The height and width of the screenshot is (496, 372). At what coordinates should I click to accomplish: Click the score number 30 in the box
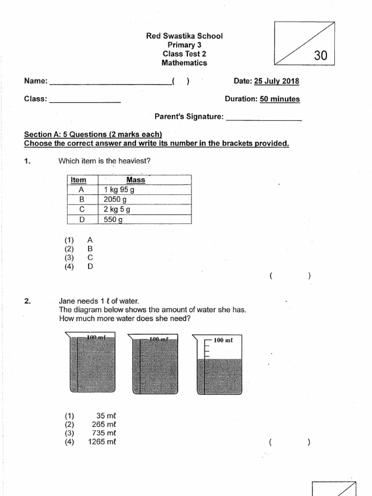(321, 56)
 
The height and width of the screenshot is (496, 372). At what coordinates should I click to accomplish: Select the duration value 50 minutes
(280, 99)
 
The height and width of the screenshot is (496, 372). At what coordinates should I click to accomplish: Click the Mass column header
(135, 180)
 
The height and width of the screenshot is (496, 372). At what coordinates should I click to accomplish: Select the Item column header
(78, 180)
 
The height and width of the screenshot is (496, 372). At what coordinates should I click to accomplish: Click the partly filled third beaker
(219, 364)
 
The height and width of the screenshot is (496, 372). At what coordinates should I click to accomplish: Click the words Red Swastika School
(185, 36)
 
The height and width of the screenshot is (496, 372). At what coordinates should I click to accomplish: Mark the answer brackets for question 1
(290, 276)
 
